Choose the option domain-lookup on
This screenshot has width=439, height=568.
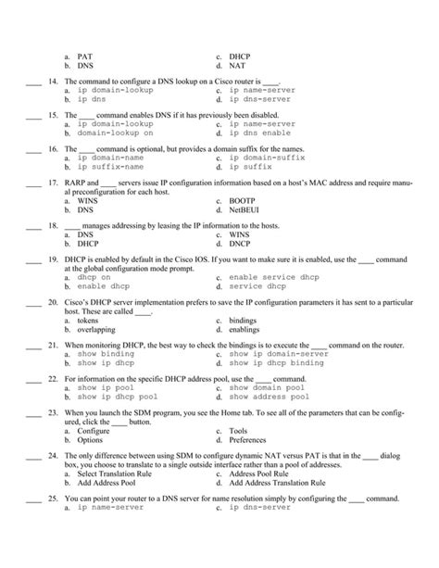click(x=116, y=133)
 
